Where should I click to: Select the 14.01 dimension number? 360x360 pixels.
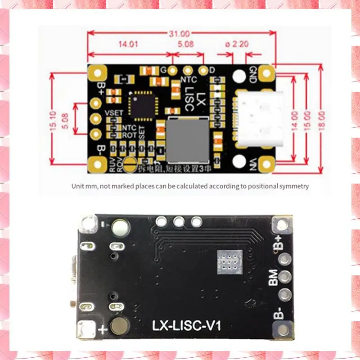(x=128, y=44)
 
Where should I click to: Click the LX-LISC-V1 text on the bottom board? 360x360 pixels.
(x=186, y=325)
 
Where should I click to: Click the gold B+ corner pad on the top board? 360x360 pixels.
(x=96, y=72)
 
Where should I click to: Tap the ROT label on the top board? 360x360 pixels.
(x=130, y=135)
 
